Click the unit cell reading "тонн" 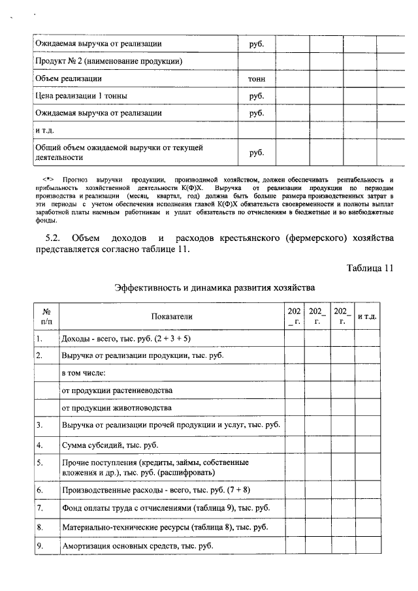coord(256,79)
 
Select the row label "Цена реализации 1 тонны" coord(81,96)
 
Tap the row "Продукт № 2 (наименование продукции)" coord(108,61)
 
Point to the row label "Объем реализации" coord(68,79)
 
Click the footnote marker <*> coord(48,179)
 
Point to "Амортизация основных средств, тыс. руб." coord(137,546)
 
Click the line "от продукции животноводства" coord(116,407)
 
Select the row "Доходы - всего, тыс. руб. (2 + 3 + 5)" coord(125,338)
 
